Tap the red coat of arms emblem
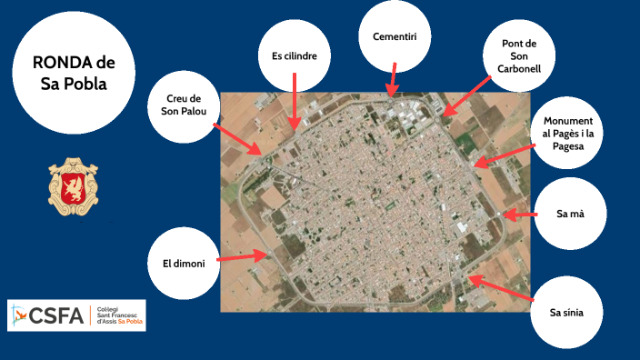(73, 182)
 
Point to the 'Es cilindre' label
(295, 55)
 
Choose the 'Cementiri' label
(395, 37)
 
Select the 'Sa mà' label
(570, 215)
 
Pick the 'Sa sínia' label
(566, 314)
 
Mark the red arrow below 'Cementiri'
(393, 79)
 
